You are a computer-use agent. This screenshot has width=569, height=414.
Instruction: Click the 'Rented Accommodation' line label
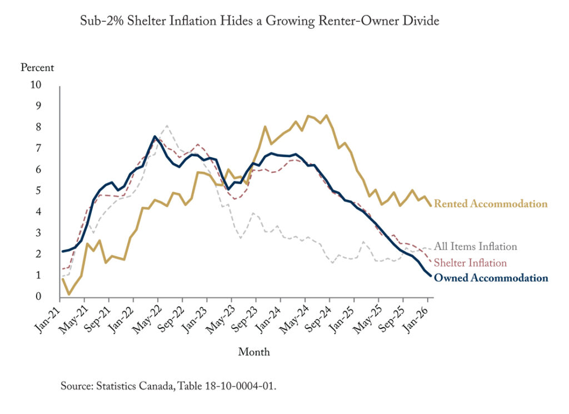coord(490,204)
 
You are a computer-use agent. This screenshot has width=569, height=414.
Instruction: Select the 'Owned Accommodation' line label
coord(490,278)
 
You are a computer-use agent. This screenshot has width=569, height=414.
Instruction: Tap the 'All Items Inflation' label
coord(475,246)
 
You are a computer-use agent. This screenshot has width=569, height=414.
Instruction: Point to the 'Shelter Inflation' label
coord(470,263)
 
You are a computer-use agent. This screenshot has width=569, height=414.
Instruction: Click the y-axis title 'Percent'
coord(37,68)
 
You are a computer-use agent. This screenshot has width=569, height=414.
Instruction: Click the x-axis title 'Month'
coord(254,352)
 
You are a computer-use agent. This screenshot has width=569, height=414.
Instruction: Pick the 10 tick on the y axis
coord(36,85)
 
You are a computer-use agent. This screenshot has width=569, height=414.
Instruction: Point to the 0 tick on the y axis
coord(38,297)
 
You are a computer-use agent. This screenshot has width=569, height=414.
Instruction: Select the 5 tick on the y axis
coord(38,191)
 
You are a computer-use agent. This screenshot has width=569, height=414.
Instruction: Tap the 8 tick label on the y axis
coord(38,127)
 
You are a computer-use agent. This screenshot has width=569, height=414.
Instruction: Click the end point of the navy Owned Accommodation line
coord(430,276)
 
